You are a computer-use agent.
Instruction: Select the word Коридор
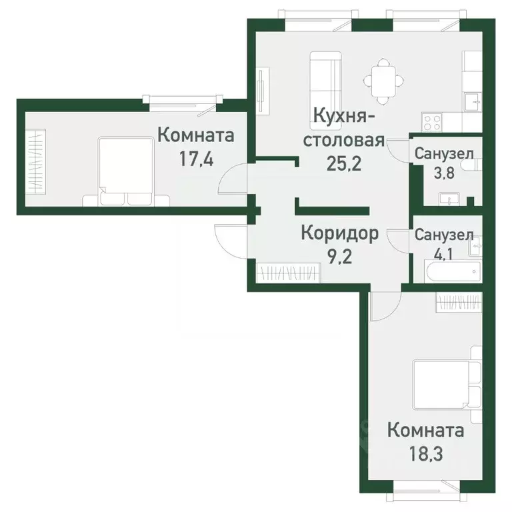pyautogui.click(x=339, y=233)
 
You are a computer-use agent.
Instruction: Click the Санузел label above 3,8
pyautogui.click(x=444, y=154)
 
